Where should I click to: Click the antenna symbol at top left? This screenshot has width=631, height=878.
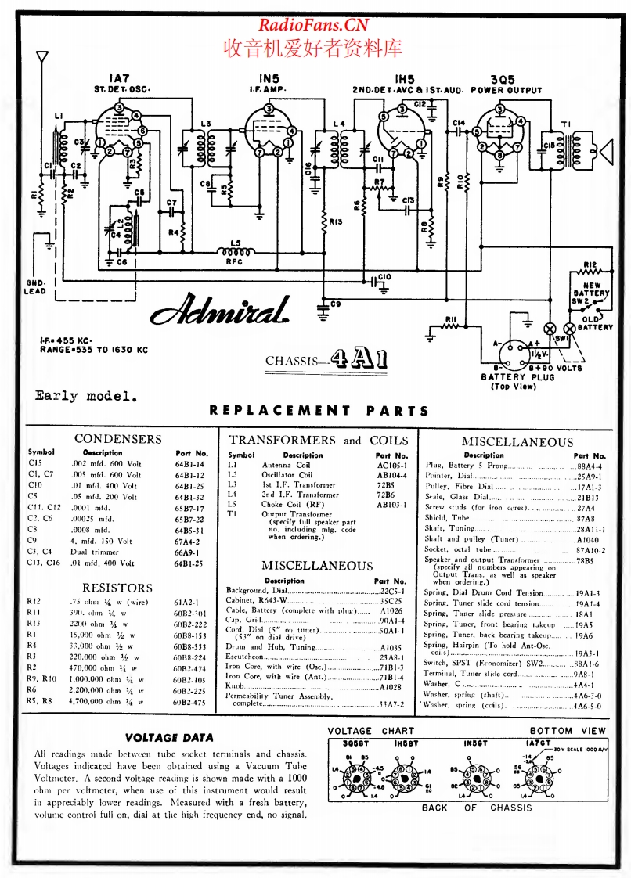point(42,59)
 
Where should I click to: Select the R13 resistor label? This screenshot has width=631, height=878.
point(337,222)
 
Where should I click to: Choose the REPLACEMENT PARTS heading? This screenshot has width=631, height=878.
point(319,409)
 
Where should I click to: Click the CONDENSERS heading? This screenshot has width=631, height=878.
point(117,439)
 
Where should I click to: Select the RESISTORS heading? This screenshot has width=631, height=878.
point(117,587)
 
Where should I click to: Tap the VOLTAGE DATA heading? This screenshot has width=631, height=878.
point(169,737)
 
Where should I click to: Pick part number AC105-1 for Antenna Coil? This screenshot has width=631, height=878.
point(391,464)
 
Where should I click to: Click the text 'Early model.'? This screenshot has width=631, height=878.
point(86,395)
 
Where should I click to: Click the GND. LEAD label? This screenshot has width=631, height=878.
point(35,286)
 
